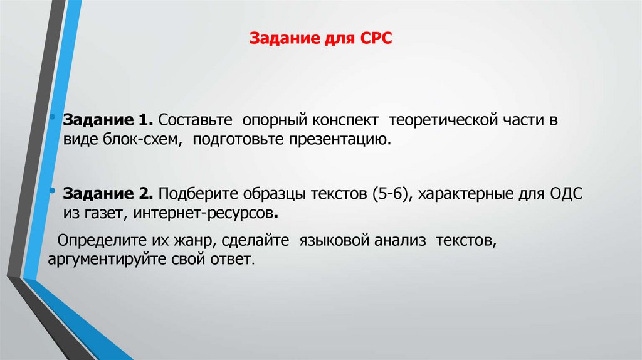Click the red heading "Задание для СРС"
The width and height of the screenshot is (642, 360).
click(320, 40)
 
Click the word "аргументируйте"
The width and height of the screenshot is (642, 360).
click(98, 259)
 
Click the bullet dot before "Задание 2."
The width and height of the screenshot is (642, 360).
click(56, 191)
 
